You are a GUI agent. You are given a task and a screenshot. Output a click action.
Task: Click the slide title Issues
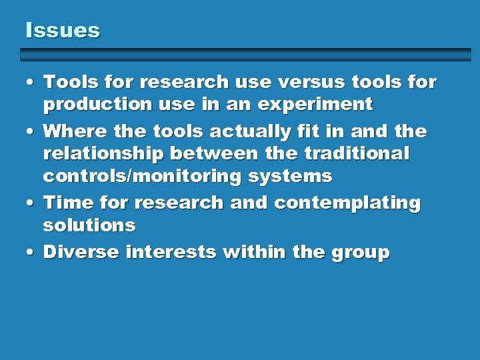62,30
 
